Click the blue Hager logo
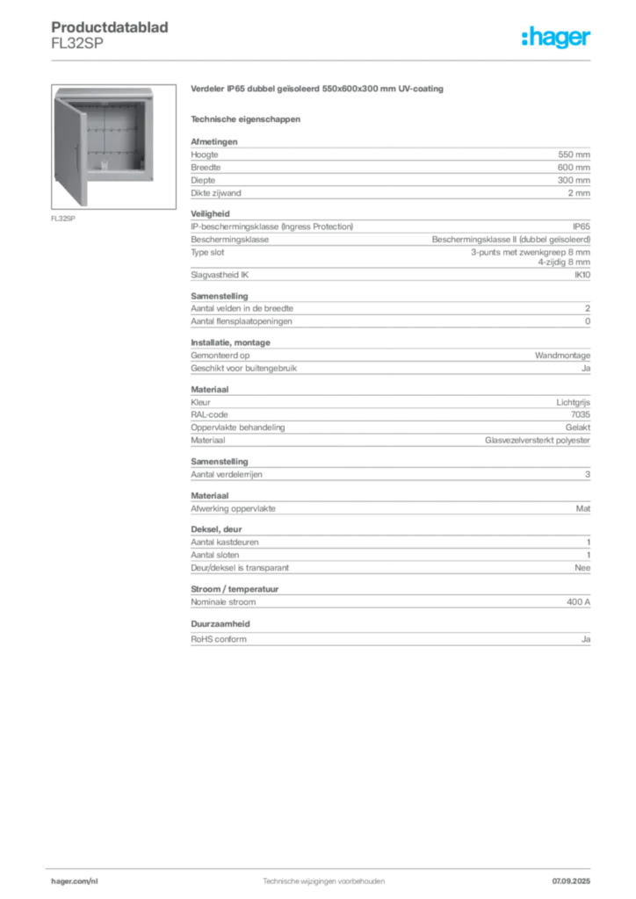(x=557, y=39)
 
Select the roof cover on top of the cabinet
(x=105, y=90)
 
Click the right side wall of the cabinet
(x=152, y=136)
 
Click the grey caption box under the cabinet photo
(x=63, y=219)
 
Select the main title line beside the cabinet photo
(x=319, y=91)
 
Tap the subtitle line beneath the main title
(x=246, y=118)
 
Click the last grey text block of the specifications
(x=389, y=639)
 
